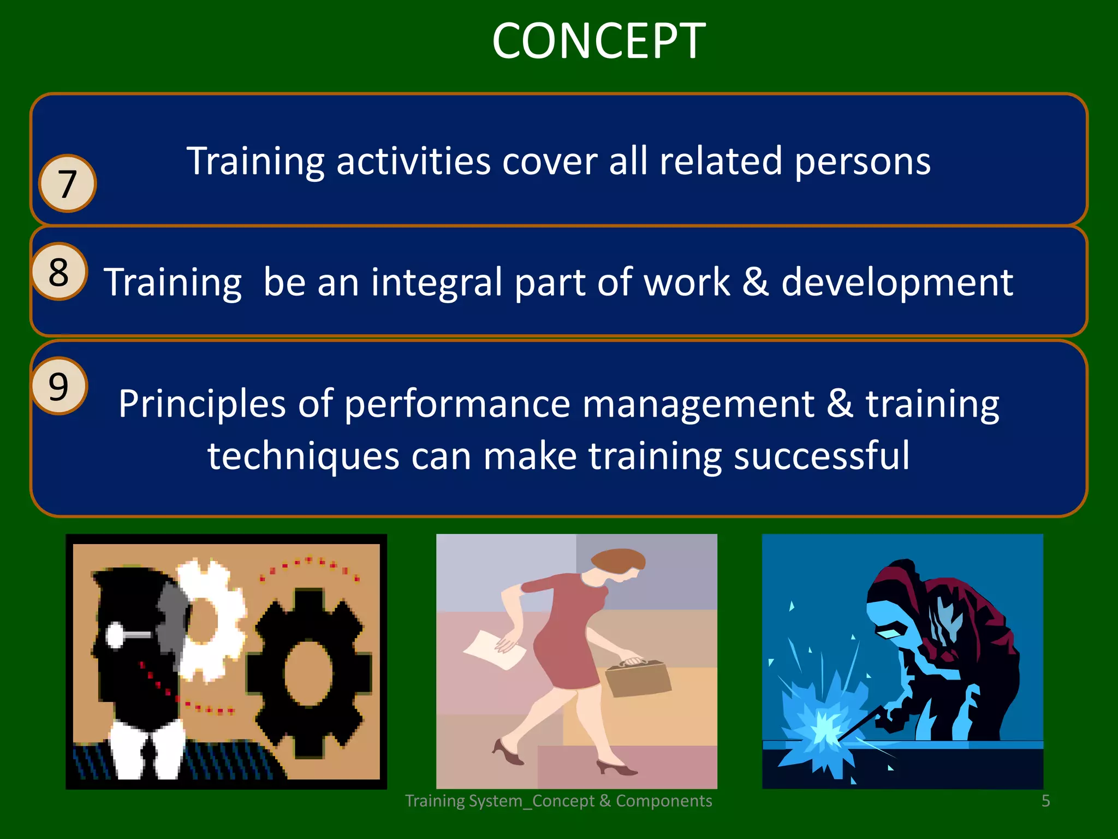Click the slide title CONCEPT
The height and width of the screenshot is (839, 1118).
[x=599, y=41]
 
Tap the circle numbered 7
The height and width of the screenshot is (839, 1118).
[x=67, y=184]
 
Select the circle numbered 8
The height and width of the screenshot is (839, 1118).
[x=58, y=271]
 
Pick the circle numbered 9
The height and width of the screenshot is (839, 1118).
[x=58, y=386]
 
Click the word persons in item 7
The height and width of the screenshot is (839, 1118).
[x=862, y=162]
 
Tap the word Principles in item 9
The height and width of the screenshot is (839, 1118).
[x=201, y=404]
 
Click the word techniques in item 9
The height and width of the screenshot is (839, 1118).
[x=304, y=456]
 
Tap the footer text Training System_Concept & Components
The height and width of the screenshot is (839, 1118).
[x=558, y=801]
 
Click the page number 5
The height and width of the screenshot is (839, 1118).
[x=1045, y=801]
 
